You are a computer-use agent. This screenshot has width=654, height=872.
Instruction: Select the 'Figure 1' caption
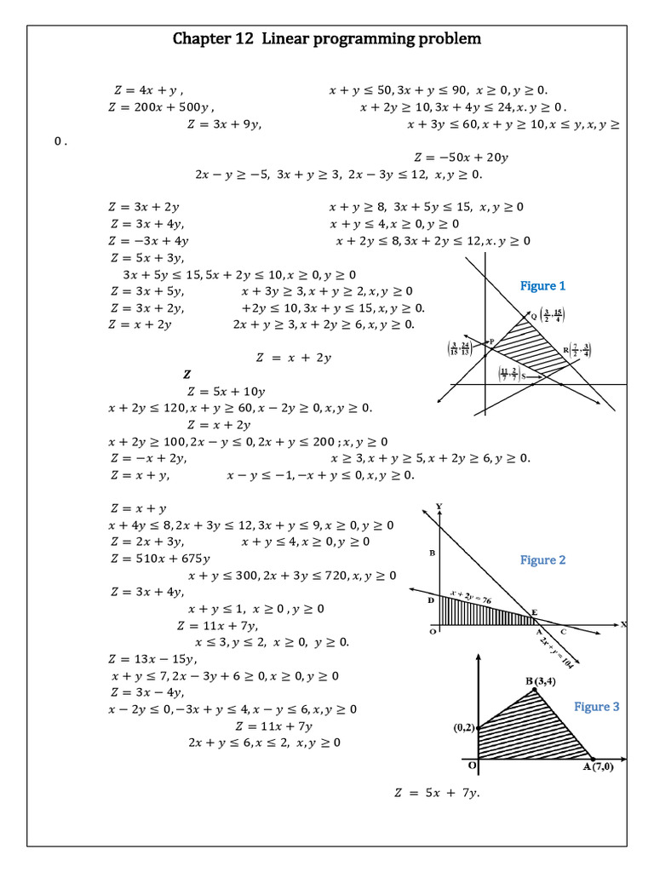(x=543, y=286)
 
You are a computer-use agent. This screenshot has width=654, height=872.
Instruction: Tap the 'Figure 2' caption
(x=543, y=560)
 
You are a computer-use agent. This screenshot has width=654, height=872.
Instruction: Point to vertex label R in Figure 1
(x=565, y=349)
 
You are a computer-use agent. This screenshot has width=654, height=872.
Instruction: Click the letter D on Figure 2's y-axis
(x=431, y=600)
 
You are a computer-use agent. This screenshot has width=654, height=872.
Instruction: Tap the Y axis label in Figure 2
(x=439, y=507)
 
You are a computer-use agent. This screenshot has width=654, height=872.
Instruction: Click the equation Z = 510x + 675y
(x=160, y=559)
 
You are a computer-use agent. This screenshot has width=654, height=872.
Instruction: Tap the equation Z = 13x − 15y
(x=153, y=659)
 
